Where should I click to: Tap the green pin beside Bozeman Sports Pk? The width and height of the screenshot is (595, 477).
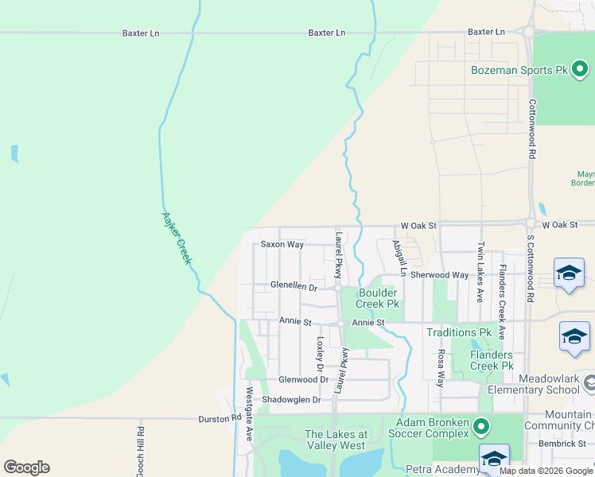(581, 70)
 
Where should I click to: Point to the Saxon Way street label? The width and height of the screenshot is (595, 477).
(282, 244)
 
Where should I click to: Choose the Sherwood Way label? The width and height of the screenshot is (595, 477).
(439, 275)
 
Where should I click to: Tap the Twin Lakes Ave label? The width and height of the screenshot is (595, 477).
(480, 273)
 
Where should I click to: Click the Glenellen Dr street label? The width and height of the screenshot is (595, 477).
(294, 286)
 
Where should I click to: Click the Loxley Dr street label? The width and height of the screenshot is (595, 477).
(320, 355)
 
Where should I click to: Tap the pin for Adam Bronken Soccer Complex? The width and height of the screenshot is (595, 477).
(480, 427)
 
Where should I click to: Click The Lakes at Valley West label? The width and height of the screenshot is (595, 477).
(336, 440)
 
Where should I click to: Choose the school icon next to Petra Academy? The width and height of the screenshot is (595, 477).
(494, 459)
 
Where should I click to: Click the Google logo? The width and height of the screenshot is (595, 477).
(26, 467)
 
